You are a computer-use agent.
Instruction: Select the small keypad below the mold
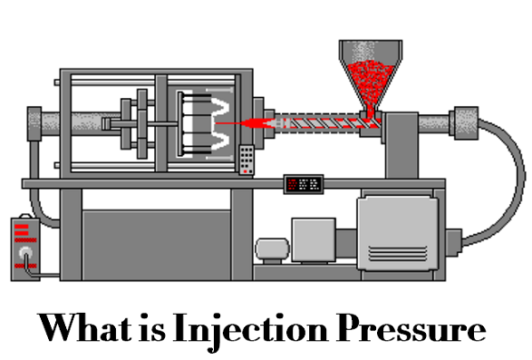point(247,159)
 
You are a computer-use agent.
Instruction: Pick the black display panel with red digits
point(305,182)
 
